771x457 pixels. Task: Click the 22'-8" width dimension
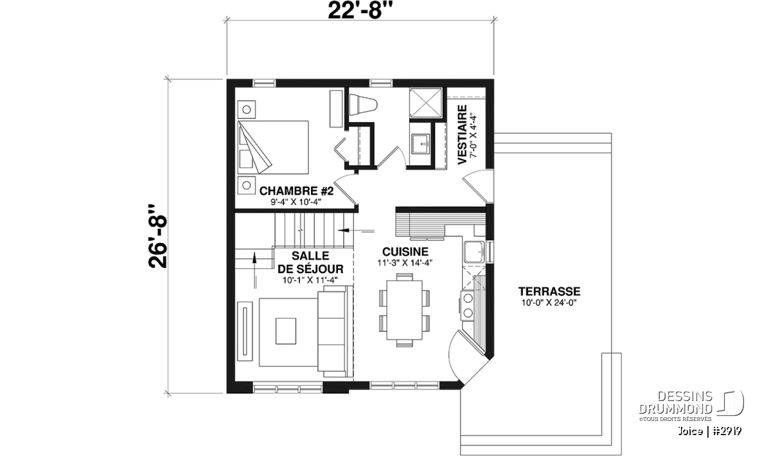[x=360, y=11]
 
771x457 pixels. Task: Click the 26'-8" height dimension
[x=157, y=237]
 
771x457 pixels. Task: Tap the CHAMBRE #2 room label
[x=296, y=191]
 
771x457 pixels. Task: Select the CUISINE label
[x=405, y=252]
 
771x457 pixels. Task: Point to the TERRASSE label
[x=549, y=291]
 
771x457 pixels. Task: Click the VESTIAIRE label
[x=462, y=134]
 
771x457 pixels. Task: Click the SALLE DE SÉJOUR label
[x=310, y=262]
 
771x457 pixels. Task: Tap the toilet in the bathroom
[x=363, y=105]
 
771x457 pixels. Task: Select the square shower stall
[x=425, y=103]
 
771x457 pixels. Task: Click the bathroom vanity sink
[x=420, y=144]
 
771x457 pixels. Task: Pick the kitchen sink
[x=474, y=252]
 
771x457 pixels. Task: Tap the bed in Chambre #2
[x=273, y=147]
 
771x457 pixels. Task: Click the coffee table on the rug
[x=286, y=330]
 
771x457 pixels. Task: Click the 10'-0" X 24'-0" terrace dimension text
[x=549, y=303]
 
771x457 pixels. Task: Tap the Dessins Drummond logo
[x=691, y=406]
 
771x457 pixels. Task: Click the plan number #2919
[x=727, y=431]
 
